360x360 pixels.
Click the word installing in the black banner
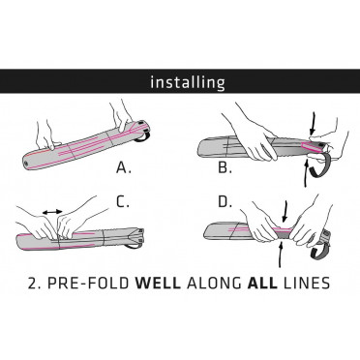coord(188,82)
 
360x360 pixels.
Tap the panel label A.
coord(124,167)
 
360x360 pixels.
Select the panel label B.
coord(225,167)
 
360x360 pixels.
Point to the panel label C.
coord(123,201)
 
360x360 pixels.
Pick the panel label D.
coord(225,201)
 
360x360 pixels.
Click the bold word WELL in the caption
coord(158,283)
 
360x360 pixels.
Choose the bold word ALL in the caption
coord(262,283)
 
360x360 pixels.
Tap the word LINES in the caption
coord(306,283)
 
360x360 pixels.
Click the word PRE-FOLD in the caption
coord(89,283)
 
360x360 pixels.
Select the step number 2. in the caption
coord(35,283)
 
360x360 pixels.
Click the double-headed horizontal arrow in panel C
coord(52,212)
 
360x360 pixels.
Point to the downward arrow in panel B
coord(312,123)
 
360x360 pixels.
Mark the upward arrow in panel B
coord(307,173)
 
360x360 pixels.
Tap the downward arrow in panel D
coord(284,211)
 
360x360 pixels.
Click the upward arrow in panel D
coord(281,255)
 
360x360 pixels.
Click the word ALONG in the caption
coord(214,283)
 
